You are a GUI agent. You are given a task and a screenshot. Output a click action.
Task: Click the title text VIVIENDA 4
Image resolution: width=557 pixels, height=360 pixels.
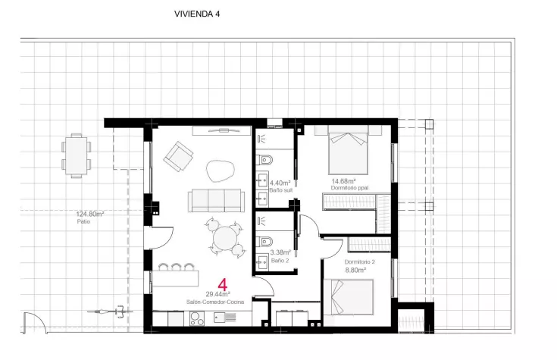pyautogui.click(x=197, y=14)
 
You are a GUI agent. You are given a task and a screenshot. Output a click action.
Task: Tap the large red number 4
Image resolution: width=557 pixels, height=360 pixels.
pyautogui.click(x=222, y=285)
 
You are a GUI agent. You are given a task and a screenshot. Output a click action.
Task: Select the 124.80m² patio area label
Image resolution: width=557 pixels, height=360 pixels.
pyautogui.click(x=90, y=214)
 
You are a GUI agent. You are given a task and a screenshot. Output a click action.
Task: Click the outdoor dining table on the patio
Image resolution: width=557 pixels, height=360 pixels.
pyautogui.click(x=77, y=155)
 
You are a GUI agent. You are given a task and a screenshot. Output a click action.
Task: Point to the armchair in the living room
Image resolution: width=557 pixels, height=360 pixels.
pyautogui.click(x=178, y=156)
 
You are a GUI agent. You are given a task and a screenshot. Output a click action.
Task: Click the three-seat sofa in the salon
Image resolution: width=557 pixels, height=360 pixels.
pyautogui.click(x=216, y=201)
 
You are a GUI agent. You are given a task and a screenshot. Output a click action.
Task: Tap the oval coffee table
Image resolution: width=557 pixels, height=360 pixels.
pyautogui.click(x=221, y=171)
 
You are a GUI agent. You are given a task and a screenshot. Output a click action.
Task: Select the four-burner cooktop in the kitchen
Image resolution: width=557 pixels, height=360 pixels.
pyautogui.click(x=197, y=318)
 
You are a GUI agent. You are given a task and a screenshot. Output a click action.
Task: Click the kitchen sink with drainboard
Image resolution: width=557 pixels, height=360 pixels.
pyautogui.click(x=225, y=317)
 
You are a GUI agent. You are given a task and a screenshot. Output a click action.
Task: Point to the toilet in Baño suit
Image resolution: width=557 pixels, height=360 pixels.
pyautogui.click(x=264, y=160)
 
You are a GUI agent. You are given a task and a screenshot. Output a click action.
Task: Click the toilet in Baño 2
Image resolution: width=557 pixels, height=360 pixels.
pyautogui.click(x=264, y=242)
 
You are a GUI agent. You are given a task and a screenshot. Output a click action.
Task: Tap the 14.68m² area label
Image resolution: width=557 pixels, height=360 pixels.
pyautogui.click(x=344, y=181)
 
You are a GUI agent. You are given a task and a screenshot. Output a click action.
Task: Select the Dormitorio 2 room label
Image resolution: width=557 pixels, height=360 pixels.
pyautogui.click(x=359, y=262)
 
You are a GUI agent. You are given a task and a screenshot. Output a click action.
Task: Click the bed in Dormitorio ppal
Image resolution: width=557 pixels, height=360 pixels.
pyautogui.click(x=348, y=149)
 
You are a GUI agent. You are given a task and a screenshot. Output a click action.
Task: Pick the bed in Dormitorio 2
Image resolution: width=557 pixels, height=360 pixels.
pyautogui.click(x=349, y=297)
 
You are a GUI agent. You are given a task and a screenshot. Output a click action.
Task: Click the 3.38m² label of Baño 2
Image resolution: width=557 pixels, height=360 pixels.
pyautogui.click(x=280, y=252)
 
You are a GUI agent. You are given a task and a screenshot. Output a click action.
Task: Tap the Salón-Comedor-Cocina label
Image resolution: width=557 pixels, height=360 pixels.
pyautogui.click(x=215, y=302)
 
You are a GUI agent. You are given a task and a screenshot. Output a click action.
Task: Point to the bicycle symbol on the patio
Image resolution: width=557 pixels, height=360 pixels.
pyautogui.click(x=110, y=311)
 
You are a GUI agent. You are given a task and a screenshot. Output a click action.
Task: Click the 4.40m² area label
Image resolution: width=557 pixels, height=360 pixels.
pyautogui.click(x=280, y=183)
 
